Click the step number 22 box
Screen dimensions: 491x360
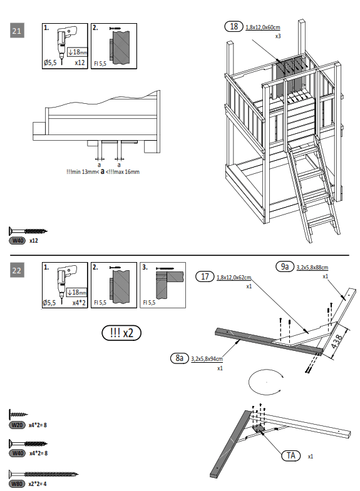tap(18, 270)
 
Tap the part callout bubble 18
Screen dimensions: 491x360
tap(234, 26)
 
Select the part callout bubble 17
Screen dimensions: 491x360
tap(205, 276)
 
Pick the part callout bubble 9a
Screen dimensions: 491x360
tap(284, 266)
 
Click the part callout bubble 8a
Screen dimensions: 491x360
tap(179, 358)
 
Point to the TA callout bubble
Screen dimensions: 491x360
tap(291, 455)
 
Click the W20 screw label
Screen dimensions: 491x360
tap(18, 425)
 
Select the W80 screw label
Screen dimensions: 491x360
tap(18, 484)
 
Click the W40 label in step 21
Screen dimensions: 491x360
tap(18, 240)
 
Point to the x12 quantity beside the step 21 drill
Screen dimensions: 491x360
tap(80, 63)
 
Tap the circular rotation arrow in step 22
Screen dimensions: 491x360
tap(267, 381)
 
